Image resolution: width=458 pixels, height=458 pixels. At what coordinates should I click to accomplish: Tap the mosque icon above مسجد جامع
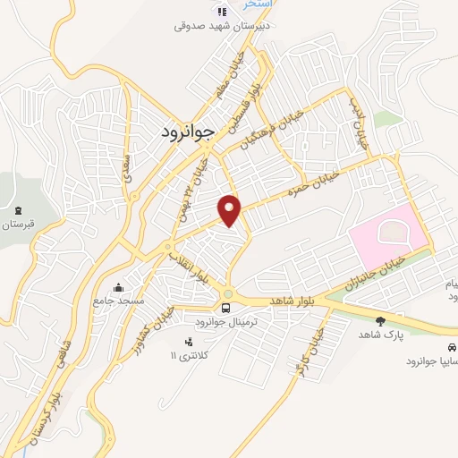click(x=119, y=287)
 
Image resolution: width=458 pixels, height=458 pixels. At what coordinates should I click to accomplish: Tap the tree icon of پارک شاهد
click(x=381, y=320)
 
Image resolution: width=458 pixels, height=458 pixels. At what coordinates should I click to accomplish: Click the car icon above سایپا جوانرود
click(x=452, y=346)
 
